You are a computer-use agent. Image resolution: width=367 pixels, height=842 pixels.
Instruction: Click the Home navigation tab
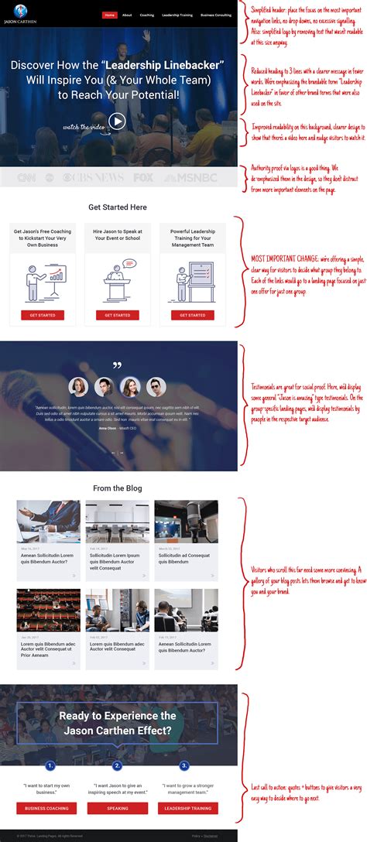(110, 15)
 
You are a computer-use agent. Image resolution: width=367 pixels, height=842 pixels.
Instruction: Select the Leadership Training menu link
(177, 15)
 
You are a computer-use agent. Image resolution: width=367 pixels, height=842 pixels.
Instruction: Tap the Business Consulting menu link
(216, 15)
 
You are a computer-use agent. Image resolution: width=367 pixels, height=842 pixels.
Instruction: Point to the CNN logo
(27, 177)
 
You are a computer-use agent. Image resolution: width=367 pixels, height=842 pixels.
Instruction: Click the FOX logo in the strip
(143, 177)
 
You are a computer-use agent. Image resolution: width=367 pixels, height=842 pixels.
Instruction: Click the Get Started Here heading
(118, 207)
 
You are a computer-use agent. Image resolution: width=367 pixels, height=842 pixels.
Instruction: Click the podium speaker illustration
(118, 279)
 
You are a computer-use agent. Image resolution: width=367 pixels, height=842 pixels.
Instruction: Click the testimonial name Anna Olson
(107, 428)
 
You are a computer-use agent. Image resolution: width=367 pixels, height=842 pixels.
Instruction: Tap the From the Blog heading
(118, 488)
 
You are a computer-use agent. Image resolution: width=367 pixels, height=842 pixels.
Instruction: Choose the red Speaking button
(118, 808)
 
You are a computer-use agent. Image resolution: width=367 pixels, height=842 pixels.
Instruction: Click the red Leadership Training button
(187, 808)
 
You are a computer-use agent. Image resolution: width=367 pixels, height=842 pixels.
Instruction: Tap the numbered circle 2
(118, 765)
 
